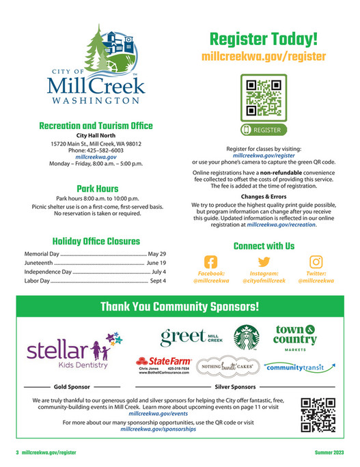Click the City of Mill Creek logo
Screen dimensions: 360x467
[x=96, y=67]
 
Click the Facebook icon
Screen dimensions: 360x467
[x=211, y=262]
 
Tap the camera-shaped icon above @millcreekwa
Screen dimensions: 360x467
[x=316, y=262]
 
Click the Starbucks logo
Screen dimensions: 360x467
[x=247, y=337]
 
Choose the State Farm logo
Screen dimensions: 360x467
[x=163, y=367]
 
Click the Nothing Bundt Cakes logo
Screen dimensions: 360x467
[x=226, y=367]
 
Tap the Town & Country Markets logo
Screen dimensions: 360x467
[x=296, y=337]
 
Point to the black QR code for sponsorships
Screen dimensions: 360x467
[x=316, y=416]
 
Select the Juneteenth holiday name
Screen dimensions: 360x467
[x=33, y=262]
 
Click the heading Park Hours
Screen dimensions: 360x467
[x=96, y=188]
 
